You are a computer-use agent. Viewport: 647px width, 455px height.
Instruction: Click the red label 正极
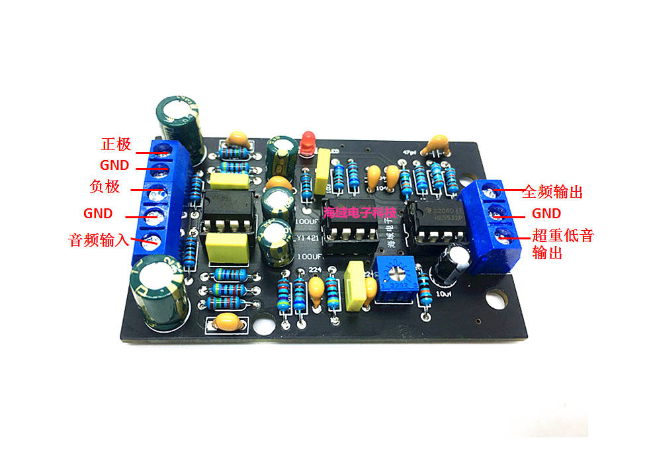click(x=116, y=144)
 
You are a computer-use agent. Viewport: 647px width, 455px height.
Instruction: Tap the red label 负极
click(x=105, y=186)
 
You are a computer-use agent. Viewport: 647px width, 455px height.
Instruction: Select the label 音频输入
click(x=99, y=239)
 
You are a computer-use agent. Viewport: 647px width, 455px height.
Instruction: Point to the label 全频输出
click(x=552, y=192)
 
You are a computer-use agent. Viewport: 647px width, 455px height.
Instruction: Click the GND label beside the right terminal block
click(x=546, y=214)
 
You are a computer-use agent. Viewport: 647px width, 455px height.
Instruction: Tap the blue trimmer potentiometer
click(x=396, y=276)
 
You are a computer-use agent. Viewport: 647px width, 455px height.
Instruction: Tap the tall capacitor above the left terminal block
click(x=179, y=123)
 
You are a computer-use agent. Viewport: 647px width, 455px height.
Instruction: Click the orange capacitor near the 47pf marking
click(x=437, y=145)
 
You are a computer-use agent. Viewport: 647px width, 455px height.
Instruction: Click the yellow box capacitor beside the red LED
click(x=323, y=165)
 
